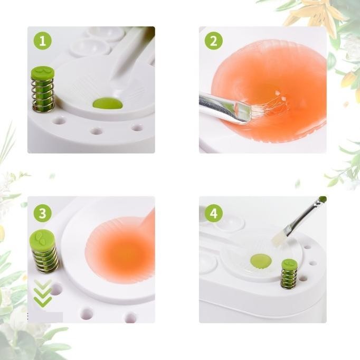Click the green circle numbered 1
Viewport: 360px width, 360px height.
click(43, 41)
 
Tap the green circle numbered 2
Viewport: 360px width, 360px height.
click(213, 41)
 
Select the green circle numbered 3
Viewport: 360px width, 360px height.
click(43, 213)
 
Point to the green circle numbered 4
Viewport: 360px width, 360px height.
click(213, 213)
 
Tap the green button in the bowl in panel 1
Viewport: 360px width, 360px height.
click(108, 103)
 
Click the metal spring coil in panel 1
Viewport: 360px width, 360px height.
click(42, 95)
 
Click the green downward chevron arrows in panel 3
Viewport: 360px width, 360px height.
click(43, 293)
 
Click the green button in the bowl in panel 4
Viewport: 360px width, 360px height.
click(259, 260)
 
